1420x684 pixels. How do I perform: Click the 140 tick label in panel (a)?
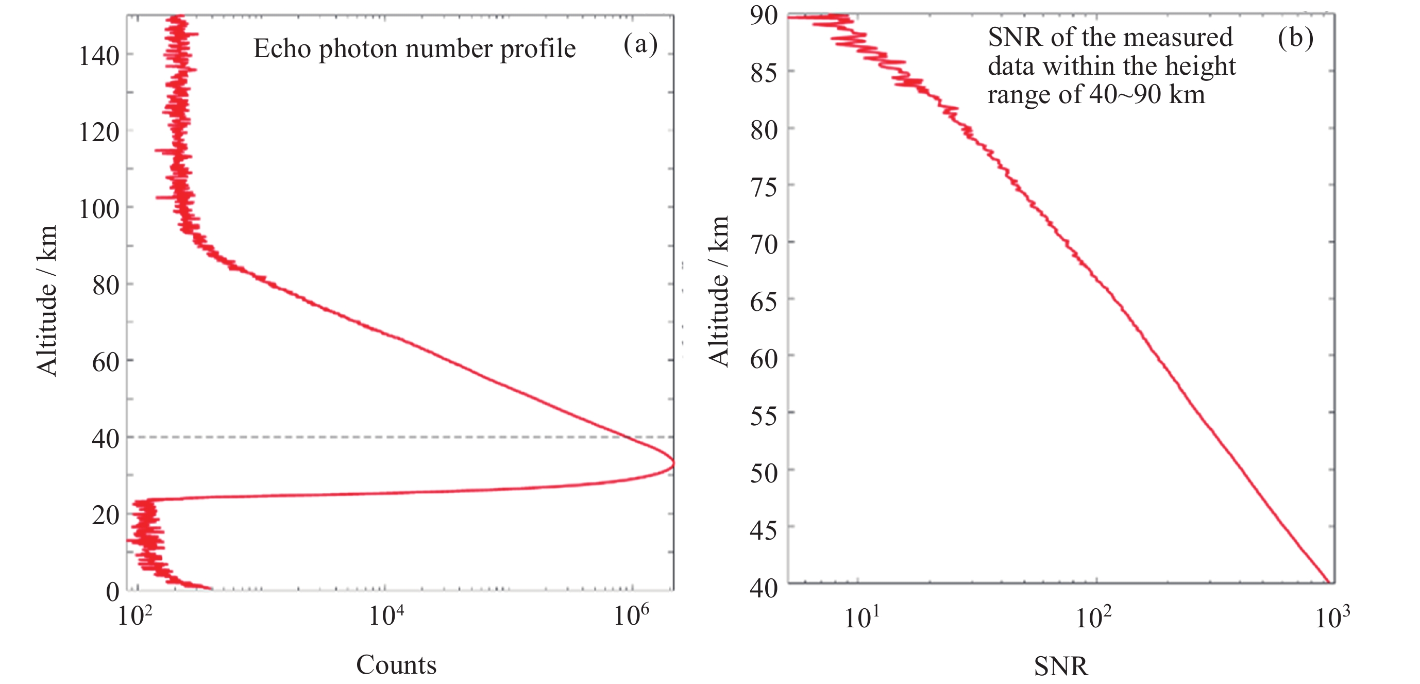[x=99, y=56]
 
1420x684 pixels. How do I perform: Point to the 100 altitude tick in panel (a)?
[x=99, y=209]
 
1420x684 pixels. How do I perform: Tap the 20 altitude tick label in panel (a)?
[x=106, y=515]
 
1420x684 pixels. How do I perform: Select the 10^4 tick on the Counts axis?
[x=386, y=615]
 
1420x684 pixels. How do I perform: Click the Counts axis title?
[x=396, y=665]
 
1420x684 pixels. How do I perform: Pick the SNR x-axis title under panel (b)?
[x=1060, y=666]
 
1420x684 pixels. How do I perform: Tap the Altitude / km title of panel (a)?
[x=47, y=301]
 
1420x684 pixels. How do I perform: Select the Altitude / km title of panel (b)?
[x=719, y=291]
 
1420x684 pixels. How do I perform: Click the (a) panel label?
[x=640, y=44]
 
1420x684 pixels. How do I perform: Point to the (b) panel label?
[x=1295, y=38]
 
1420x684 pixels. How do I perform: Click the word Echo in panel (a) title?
[x=282, y=48]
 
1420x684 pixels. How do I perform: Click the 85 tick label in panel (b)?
[x=764, y=73]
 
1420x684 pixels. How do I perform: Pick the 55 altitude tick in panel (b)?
[x=764, y=416]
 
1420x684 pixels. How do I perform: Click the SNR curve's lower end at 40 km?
[x=1329, y=582]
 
